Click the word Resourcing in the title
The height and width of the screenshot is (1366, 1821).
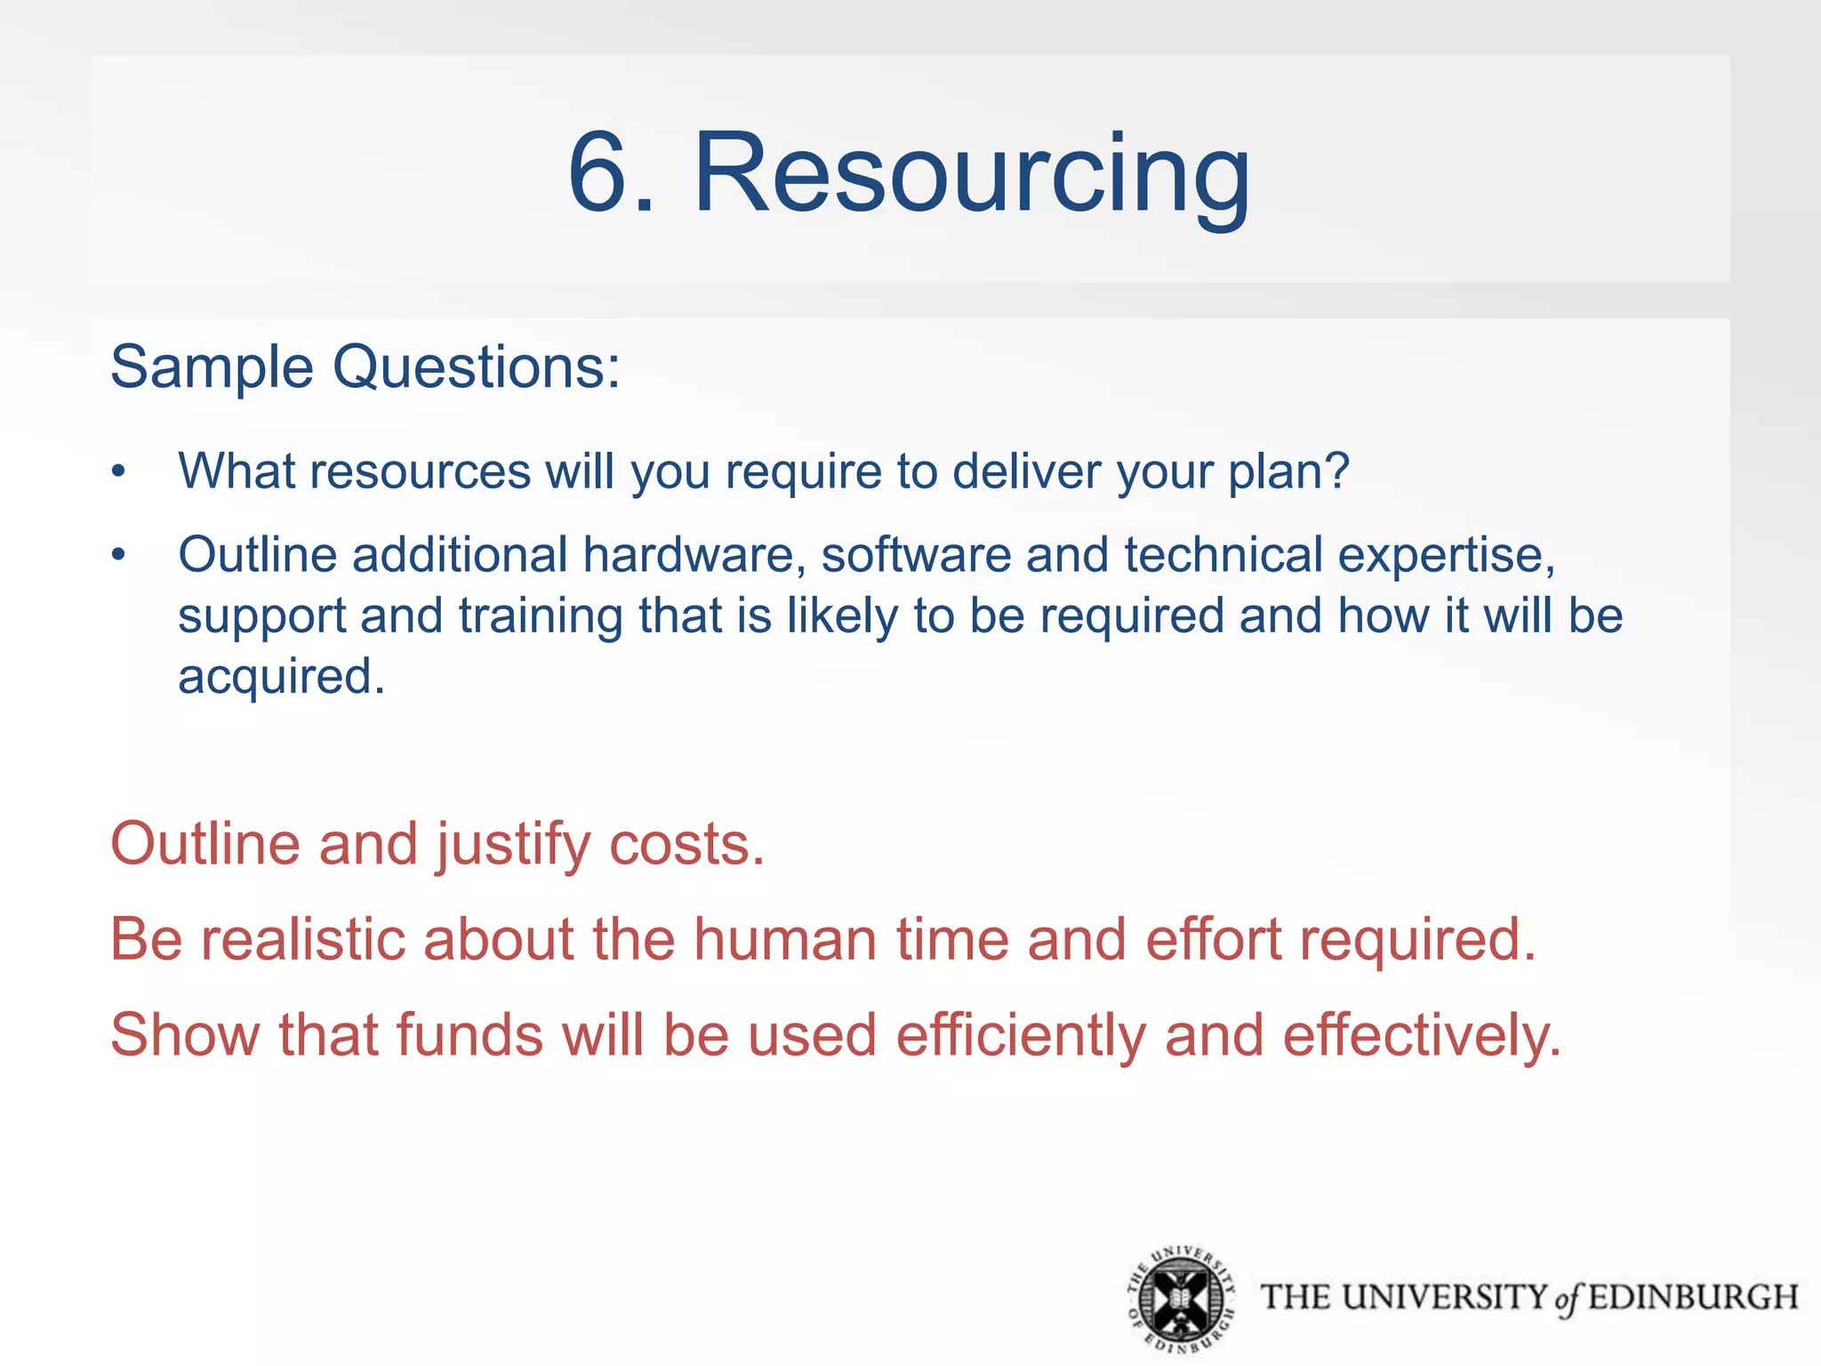(971, 173)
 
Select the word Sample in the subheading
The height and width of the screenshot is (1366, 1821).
(212, 366)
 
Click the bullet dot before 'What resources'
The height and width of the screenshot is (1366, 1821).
(119, 471)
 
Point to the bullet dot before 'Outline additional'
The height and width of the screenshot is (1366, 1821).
(119, 556)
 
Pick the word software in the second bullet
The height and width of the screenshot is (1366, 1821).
(916, 555)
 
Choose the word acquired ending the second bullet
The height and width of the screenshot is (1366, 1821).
(281, 678)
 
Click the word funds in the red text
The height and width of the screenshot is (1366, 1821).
(469, 1035)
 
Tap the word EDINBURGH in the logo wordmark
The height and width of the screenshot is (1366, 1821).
(1693, 1298)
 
